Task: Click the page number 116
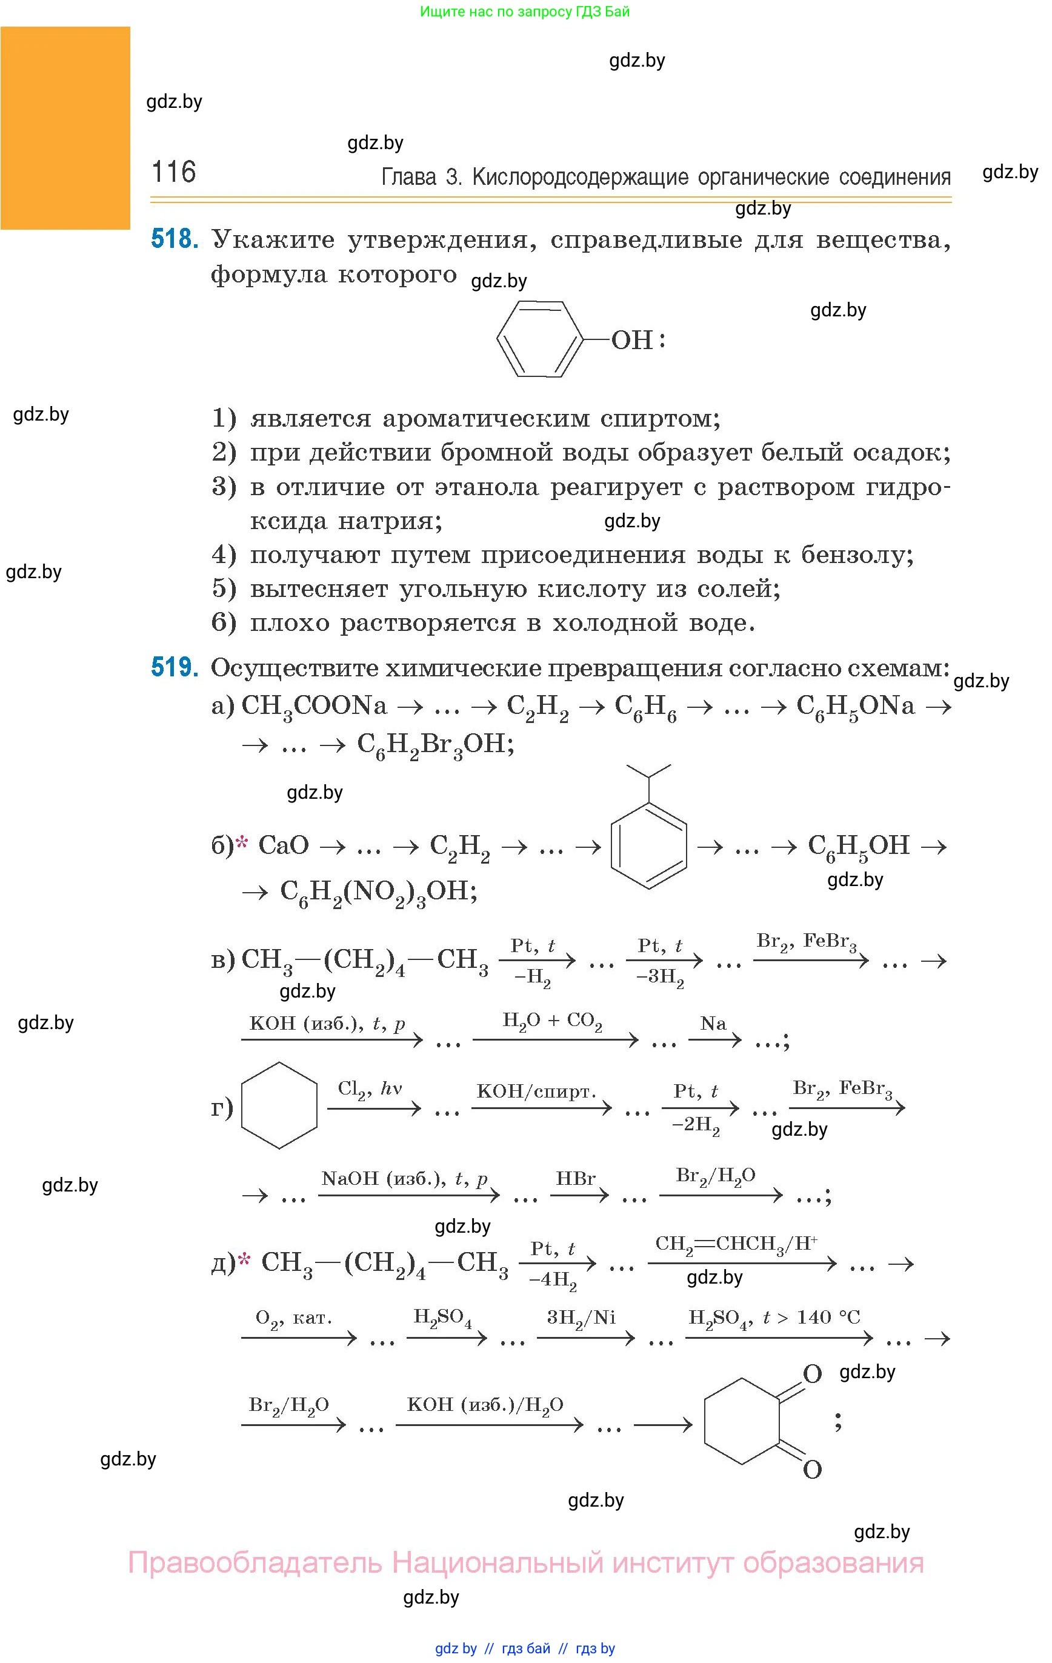click(x=173, y=172)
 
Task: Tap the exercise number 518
click(x=175, y=239)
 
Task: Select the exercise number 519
click(x=175, y=667)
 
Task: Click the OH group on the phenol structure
click(x=631, y=341)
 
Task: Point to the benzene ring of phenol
click(x=541, y=339)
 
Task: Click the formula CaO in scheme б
click(x=283, y=845)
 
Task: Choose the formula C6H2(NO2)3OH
click(x=379, y=891)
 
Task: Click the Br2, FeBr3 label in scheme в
click(x=806, y=942)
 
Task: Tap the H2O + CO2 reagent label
click(x=552, y=1021)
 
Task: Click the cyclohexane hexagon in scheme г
click(x=279, y=1105)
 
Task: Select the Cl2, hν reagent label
click(x=370, y=1089)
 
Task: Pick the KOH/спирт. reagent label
click(x=536, y=1091)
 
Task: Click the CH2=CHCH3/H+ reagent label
click(x=736, y=1244)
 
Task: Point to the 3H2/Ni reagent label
click(x=581, y=1318)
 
